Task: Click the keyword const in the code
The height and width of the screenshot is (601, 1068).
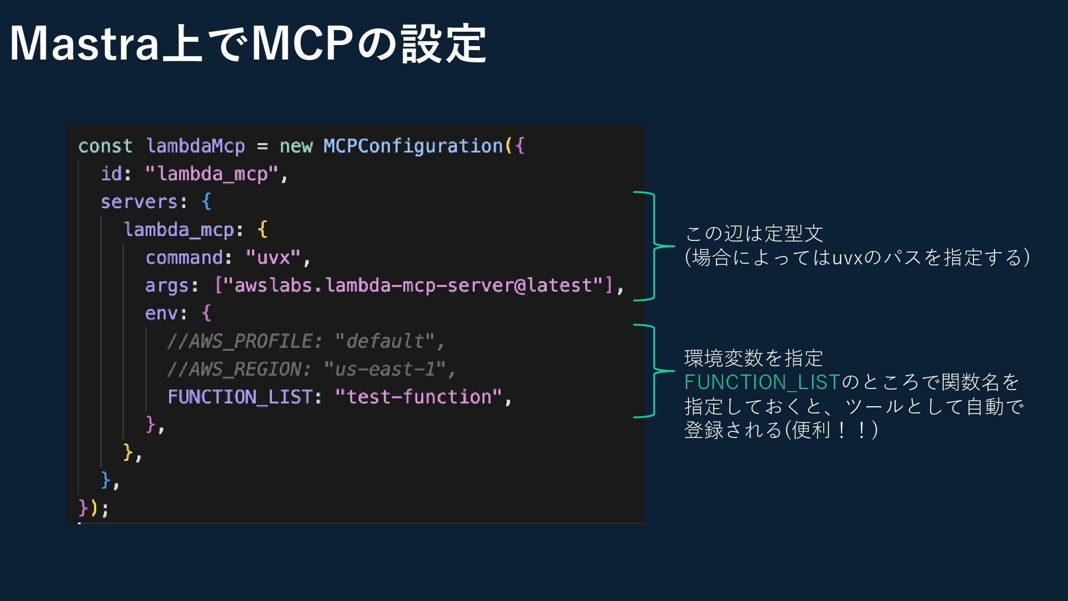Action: click(105, 146)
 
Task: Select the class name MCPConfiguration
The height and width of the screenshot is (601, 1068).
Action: click(413, 146)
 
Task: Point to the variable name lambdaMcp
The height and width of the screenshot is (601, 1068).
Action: click(195, 146)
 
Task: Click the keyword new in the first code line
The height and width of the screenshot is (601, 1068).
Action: click(296, 146)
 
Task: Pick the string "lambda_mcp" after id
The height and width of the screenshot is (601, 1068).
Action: click(212, 174)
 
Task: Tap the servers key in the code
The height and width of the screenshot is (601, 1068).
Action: click(139, 202)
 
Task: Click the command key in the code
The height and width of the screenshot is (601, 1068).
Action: click(184, 258)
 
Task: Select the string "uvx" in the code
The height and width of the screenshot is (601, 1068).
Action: click(273, 258)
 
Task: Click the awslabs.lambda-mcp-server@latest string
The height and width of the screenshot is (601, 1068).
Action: click(413, 285)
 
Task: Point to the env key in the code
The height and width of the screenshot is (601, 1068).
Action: click(161, 313)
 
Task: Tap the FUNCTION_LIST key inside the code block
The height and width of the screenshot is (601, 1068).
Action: click(240, 397)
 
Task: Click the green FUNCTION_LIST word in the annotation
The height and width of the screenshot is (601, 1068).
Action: click(762, 382)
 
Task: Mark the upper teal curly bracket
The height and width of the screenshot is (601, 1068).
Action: click(653, 246)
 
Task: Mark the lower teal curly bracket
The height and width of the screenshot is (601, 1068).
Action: click(653, 371)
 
